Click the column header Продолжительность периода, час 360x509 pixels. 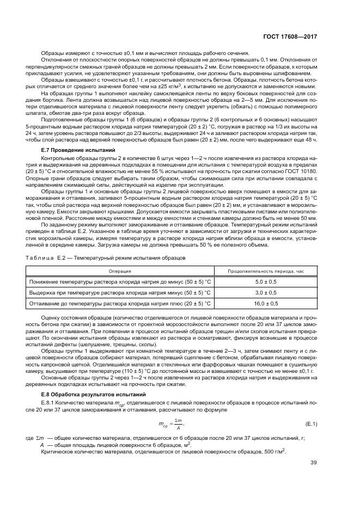(265, 270)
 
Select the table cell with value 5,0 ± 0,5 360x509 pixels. (266, 282)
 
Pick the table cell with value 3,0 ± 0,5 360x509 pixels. (266, 292)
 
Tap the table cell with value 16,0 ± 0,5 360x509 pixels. (266, 303)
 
